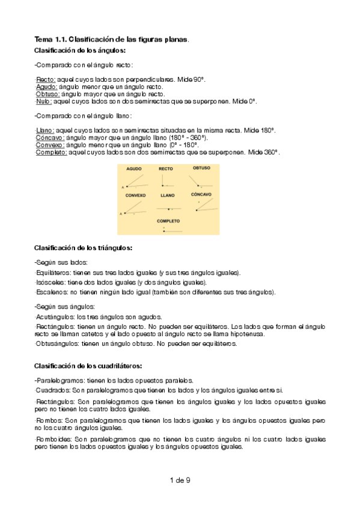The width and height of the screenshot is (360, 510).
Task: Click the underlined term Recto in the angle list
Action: [x=46, y=79]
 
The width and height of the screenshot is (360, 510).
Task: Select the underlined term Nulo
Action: [x=44, y=102]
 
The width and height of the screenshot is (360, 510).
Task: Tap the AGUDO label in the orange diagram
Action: [x=134, y=169]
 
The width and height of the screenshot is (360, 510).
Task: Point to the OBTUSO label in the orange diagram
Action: [x=201, y=168]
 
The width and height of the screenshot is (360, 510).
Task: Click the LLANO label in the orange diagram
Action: [x=168, y=195]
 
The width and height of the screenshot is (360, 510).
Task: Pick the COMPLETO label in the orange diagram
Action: [x=168, y=221]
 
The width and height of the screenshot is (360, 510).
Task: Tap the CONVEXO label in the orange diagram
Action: [x=136, y=195]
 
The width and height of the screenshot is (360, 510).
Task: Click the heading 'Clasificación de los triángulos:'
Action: [x=83, y=248]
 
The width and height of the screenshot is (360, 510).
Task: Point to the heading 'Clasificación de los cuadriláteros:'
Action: [x=88, y=365]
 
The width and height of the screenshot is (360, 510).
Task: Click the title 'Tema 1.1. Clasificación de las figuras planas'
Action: [x=111, y=39]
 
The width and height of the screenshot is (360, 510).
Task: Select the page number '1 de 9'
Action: [x=180, y=480]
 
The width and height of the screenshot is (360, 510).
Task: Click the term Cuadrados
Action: [x=52, y=390]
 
